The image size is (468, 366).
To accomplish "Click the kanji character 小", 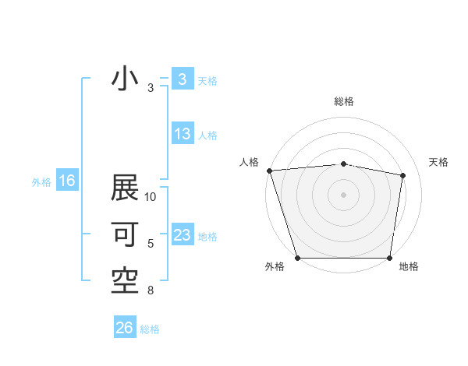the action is click(x=125, y=79).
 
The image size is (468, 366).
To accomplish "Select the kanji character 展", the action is click(x=125, y=188).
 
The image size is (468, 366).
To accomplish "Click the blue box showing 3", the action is click(x=182, y=79).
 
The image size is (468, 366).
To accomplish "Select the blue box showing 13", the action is click(x=182, y=134).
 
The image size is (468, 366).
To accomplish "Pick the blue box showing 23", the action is click(x=182, y=235).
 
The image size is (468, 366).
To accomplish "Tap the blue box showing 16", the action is click(x=67, y=181).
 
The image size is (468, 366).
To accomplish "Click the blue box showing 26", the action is click(x=125, y=328).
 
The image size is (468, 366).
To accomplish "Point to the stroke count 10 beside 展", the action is click(x=151, y=198).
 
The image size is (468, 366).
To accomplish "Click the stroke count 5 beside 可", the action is click(x=151, y=244).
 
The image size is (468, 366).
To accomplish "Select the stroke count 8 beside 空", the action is click(x=151, y=291).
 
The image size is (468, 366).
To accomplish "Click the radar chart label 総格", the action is click(x=343, y=101).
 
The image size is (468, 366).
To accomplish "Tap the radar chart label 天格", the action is click(x=439, y=162).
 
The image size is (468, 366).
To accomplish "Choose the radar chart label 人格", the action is click(x=249, y=162).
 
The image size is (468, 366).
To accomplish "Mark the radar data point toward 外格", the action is click(x=297, y=258).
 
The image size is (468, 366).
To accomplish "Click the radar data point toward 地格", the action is click(x=389, y=258).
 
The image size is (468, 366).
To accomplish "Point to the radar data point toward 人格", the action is click(x=269, y=171).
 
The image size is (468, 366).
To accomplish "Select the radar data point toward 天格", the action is click(x=403, y=175).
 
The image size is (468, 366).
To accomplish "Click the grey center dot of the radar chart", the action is click(x=343, y=194).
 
